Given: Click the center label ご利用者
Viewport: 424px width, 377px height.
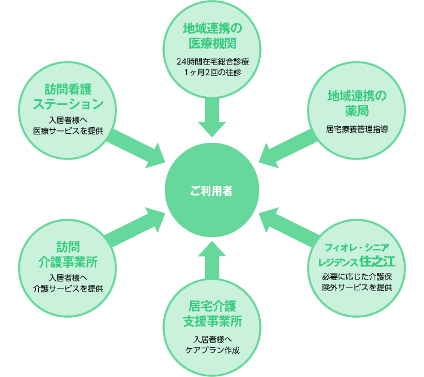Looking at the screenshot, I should pyautogui.click(x=212, y=191).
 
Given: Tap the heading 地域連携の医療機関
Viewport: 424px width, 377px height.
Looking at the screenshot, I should pyautogui.click(x=212, y=36).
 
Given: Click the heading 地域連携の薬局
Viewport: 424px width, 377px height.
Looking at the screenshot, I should pyautogui.click(x=357, y=103).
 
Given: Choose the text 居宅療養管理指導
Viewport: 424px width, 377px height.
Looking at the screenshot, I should pyautogui.click(x=357, y=128).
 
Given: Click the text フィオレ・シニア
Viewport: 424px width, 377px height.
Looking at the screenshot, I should pyautogui.click(x=357, y=247).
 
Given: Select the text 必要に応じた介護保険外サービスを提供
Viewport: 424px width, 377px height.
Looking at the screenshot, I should pyautogui.click(x=357, y=281).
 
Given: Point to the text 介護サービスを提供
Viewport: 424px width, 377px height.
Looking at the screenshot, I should pyautogui.click(x=67, y=288).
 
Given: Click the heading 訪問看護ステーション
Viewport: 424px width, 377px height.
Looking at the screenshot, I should pyautogui.click(x=67, y=96).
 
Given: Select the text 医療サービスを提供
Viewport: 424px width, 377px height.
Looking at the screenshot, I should pyautogui.click(x=67, y=130).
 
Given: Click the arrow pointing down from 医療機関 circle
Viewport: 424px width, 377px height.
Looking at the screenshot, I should pyautogui.click(x=212, y=117).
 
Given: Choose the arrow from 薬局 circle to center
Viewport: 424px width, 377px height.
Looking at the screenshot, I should pyautogui.click(x=287, y=150).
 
